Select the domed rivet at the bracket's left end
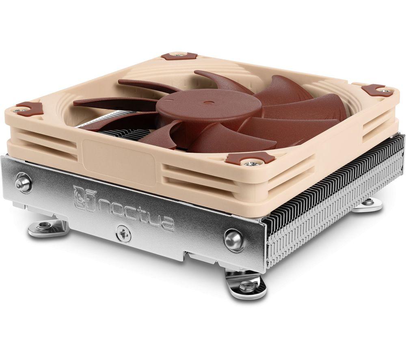tap(23, 183)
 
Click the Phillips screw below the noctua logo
tap(123, 233)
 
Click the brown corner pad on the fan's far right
tap(378, 90)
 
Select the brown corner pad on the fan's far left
tap(29, 108)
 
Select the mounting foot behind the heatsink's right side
tap(367, 205)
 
